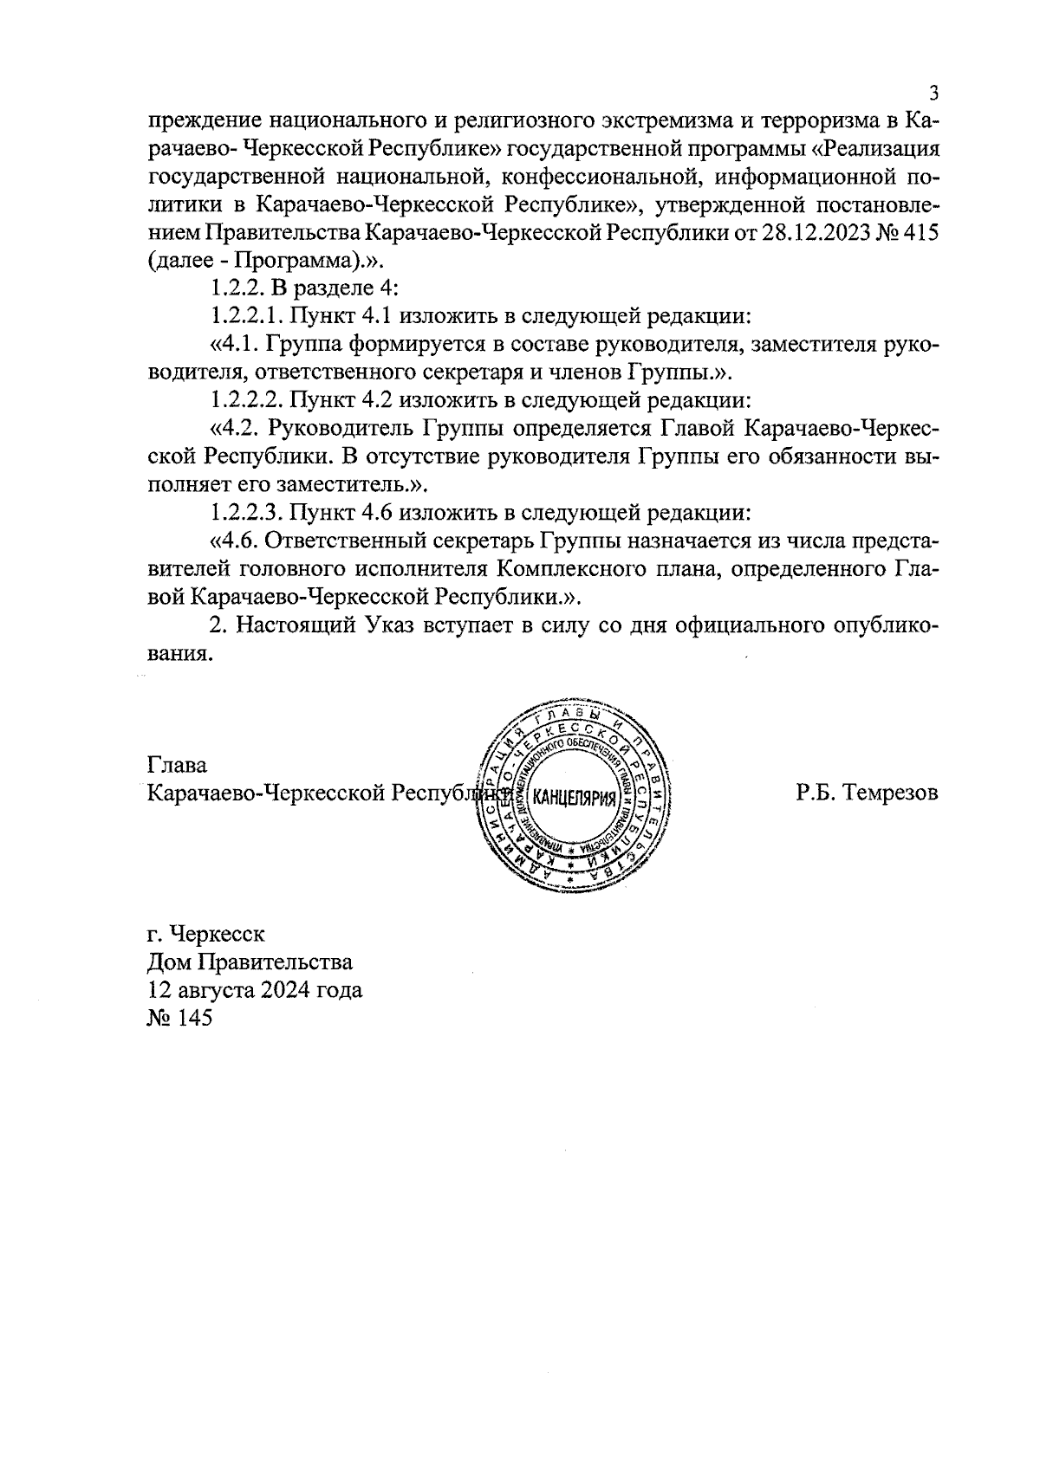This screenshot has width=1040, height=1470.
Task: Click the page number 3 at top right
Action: coord(933,94)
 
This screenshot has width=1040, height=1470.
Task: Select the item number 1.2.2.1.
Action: coord(246,316)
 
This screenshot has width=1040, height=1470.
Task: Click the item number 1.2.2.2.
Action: coord(246,400)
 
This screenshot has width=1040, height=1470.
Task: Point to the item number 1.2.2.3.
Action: coord(246,512)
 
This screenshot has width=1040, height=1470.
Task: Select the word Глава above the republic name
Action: coord(178,766)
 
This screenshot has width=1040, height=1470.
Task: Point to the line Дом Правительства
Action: coord(250,962)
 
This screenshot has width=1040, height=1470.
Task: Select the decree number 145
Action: coord(194,1018)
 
